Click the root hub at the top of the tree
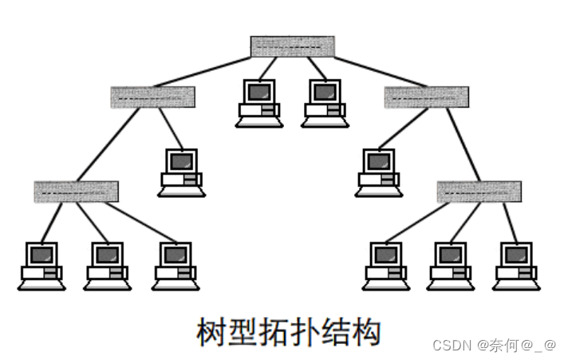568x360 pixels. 292,46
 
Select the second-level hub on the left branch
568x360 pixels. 152,97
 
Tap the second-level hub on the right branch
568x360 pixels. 426,97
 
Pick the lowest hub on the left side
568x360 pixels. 76,192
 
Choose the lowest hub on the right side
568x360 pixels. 479,192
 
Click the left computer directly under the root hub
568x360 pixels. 258,102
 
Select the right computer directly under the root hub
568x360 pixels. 324,102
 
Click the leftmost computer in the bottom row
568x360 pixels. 41,265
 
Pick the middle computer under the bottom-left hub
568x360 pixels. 107,265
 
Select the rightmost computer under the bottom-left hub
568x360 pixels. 176,265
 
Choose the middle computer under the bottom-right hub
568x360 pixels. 451,265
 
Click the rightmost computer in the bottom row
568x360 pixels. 515,265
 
